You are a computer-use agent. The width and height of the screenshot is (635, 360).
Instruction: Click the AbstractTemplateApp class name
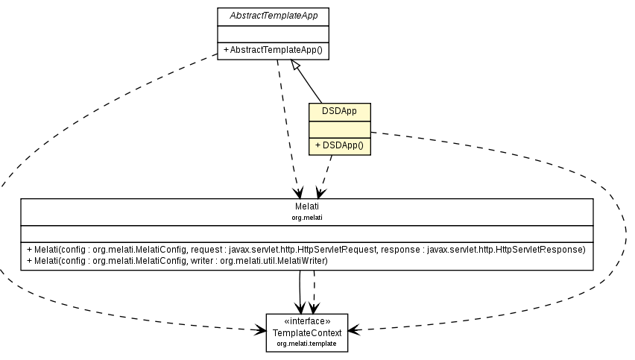click(274, 15)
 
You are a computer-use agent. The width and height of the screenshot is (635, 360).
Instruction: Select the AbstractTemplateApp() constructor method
click(274, 51)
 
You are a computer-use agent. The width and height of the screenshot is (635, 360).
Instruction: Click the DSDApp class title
click(339, 111)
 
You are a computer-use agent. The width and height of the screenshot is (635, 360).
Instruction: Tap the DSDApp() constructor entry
click(339, 145)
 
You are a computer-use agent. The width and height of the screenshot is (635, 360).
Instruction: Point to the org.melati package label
click(306, 218)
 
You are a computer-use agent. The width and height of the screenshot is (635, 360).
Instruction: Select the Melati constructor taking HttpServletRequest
click(306, 249)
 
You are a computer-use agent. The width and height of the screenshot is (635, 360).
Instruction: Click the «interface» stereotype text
click(306, 321)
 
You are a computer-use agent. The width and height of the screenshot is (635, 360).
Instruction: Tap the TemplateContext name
click(306, 332)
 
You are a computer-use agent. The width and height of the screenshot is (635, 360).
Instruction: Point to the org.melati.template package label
click(306, 344)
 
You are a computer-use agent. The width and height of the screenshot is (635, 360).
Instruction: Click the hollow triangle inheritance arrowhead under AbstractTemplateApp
click(296, 66)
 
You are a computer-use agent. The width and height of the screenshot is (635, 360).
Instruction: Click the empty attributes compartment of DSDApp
click(339, 128)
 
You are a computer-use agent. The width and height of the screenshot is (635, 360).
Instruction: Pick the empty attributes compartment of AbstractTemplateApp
click(274, 34)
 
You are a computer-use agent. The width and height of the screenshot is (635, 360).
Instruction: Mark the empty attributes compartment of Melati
click(306, 233)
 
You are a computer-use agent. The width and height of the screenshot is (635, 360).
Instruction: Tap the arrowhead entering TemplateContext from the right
click(353, 329)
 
